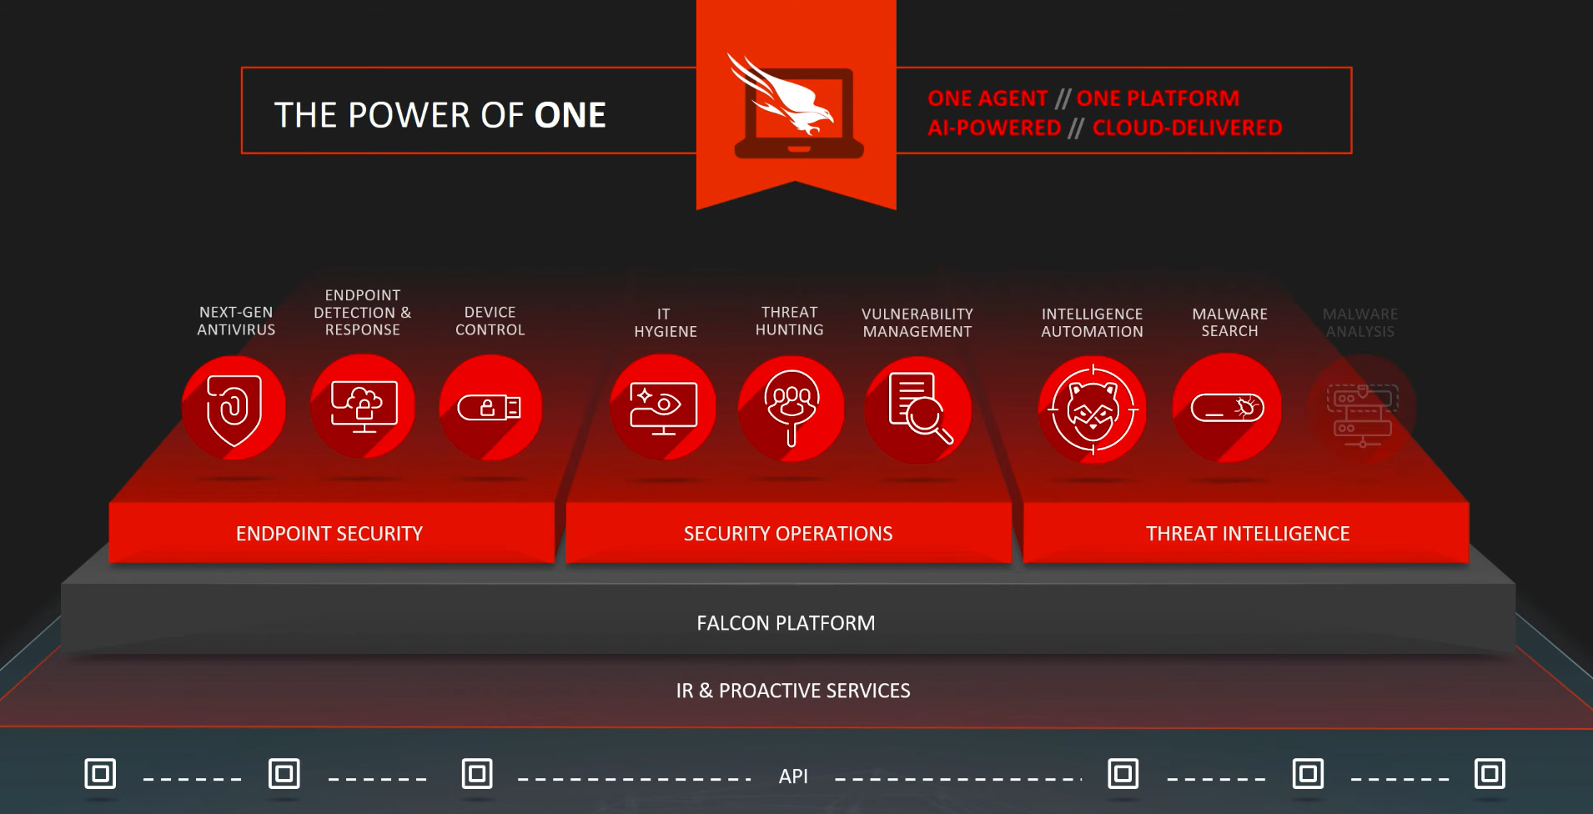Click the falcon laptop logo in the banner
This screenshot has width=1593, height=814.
pyautogui.click(x=796, y=107)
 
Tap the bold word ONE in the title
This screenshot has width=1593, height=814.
pyautogui.click(x=570, y=115)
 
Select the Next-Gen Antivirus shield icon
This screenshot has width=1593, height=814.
pyautogui.click(x=234, y=408)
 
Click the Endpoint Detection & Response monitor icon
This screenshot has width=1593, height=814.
pyautogui.click(x=364, y=406)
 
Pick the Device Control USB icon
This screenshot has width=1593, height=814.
pyautogui.click(x=490, y=407)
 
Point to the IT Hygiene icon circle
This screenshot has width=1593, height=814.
pyautogui.click(x=664, y=407)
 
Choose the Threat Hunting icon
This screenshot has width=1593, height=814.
pyautogui.click(x=791, y=408)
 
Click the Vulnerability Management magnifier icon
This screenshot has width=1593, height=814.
pyautogui.click(x=918, y=409)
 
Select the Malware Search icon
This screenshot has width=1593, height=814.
pyautogui.click(x=1228, y=408)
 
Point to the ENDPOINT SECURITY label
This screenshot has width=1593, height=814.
pyautogui.click(x=329, y=534)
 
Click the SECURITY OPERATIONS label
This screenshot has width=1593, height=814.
pyautogui.click(x=788, y=534)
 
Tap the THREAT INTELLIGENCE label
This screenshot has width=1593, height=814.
pyautogui.click(x=1248, y=534)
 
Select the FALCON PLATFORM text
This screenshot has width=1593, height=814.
pyautogui.click(x=786, y=623)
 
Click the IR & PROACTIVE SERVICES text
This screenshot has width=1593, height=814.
pyautogui.click(x=793, y=691)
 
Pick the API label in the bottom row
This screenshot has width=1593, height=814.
pyautogui.click(x=793, y=776)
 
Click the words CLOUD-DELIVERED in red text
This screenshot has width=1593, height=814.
pyautogui.click(x=1188, y=128)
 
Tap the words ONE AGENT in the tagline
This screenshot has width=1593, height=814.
pyautogui.click(x=987, y=98)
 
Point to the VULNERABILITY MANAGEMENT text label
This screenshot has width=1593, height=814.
pyautogui.click(x=917, y=323)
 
